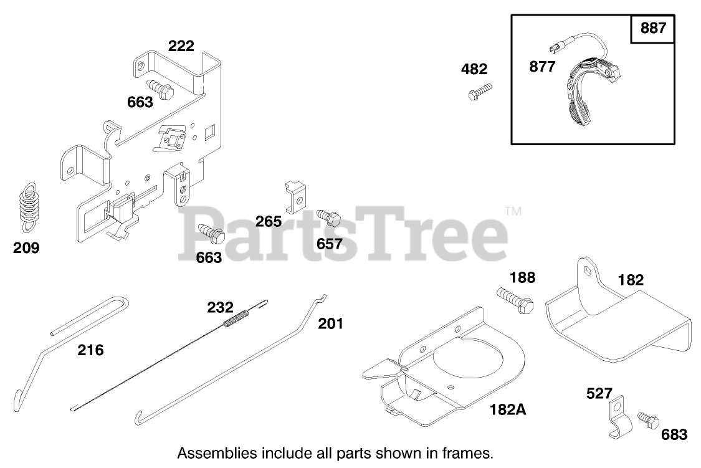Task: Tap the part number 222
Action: (181, 45)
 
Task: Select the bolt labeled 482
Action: (479, 92)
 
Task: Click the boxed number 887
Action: (652, 29)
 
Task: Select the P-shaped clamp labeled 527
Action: (617, 416)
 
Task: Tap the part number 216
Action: (91, 350)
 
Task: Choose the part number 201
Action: (330, 323)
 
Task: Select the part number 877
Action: (541, 67)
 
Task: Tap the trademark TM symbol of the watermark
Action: (512, 212)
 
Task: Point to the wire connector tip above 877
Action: (551, 48)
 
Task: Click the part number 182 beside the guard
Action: (631, 280)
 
